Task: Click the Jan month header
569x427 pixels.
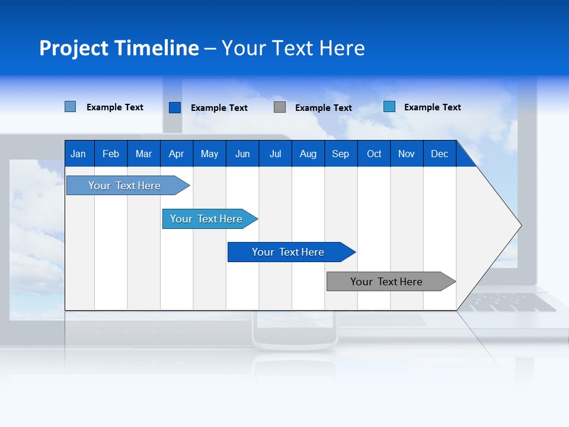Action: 78,154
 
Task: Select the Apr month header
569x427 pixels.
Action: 176,154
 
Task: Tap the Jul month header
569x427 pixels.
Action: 275,154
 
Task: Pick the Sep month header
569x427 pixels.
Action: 340,154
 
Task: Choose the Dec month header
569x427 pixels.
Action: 439,154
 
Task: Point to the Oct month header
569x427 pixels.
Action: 374,154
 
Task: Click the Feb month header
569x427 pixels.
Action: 111,154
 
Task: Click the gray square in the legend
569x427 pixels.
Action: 280,107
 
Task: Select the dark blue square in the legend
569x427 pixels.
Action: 175,107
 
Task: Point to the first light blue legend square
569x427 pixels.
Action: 71,107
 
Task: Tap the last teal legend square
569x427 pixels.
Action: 389,107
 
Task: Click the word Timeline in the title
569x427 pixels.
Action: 156,48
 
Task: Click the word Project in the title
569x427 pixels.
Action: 73,48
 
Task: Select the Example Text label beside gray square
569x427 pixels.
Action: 323,108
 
